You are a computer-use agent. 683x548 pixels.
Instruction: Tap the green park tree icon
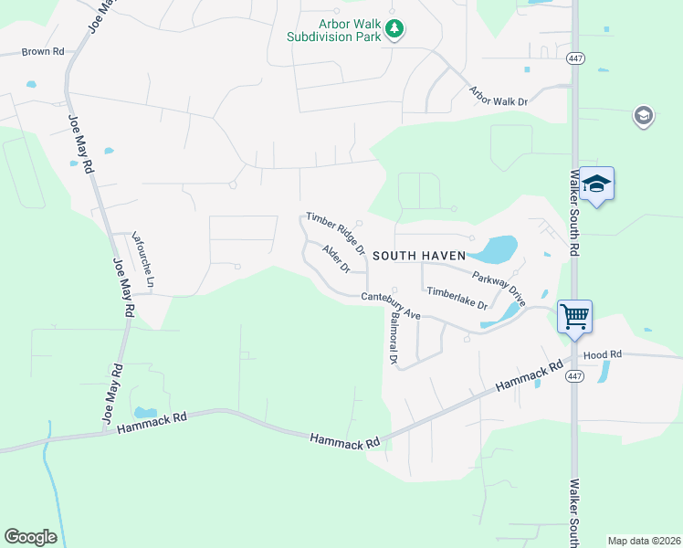(x=394, y=30)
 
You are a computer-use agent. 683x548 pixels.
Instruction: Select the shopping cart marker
(x=575, y=317)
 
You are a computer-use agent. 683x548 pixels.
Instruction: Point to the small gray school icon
(x=643, y=117)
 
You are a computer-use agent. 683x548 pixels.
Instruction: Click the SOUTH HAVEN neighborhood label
(x=419, y=257)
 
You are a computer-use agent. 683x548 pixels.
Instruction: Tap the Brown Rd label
(x=43, y=52)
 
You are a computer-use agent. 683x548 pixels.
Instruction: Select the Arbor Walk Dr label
(x=499, y=96)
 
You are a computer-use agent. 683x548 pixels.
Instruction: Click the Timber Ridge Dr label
(x=336, y=233)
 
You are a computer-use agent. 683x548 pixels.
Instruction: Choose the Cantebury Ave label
(x=390, y=305)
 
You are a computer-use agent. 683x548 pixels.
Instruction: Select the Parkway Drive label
(x=499, y=288)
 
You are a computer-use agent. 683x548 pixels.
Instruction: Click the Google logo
(x=30, y=537)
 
